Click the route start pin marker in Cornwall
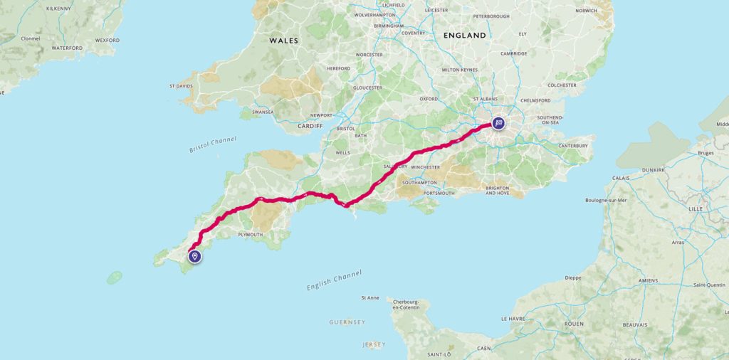[x=195, y=257]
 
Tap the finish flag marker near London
[x=498, y=124]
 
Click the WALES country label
[x=283, y=41]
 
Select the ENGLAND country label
[x=464, y=35]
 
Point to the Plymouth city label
[x=251, y=234]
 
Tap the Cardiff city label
[x=310, y=126]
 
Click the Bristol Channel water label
[x=213, y=145]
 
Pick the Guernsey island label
[x=347, y=322]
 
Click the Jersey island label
[x=374, y=344]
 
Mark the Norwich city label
[x=587, y=11]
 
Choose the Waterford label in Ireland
[x=67, y=48]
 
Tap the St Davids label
[x=181, y=86]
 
